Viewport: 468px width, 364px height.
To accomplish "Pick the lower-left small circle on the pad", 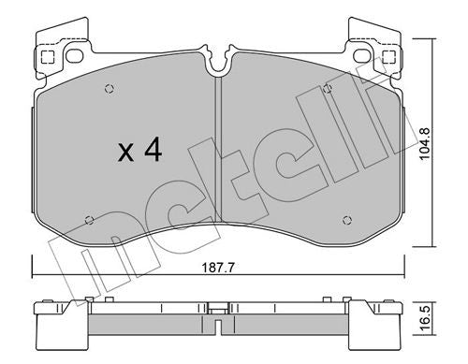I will click(88, 220).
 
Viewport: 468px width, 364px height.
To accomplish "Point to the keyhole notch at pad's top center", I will click(217, 64).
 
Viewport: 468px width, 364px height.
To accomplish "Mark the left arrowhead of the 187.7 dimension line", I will click(35, 274).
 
